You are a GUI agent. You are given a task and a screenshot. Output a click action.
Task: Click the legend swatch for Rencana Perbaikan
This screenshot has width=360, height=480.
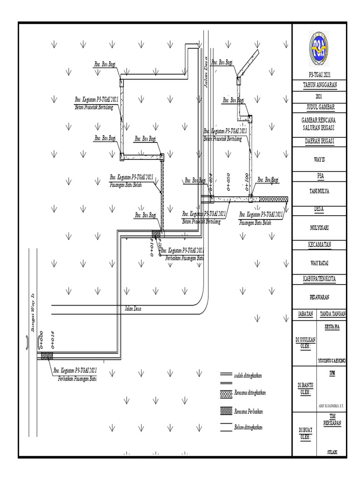225,411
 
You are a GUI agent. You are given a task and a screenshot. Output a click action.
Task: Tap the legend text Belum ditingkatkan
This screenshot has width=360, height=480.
248,428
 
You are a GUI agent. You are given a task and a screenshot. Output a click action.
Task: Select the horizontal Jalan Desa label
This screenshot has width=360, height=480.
133,309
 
